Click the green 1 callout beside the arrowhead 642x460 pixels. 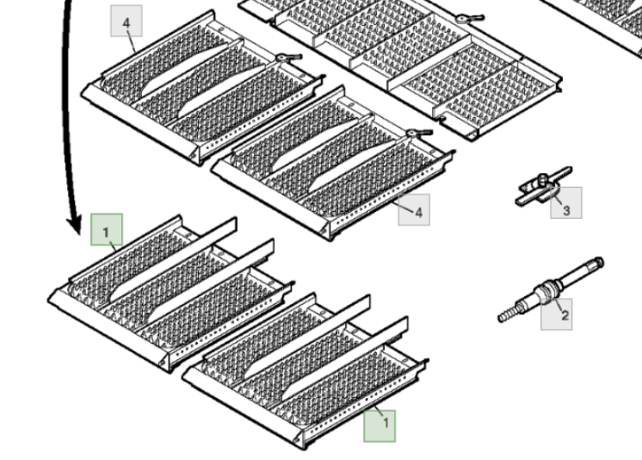tap(107, 230)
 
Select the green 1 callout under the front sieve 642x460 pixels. tap(380, 426)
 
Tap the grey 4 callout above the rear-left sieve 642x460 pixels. tap(127, 21)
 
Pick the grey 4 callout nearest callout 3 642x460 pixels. tap(414, 209)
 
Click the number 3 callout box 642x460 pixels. tap(566, 202)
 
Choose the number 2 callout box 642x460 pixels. tap(557, 314)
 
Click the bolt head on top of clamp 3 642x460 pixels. tap(542, 178)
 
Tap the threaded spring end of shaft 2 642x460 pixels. tap(508, 314)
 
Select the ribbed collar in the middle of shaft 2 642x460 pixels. tap(546, 289)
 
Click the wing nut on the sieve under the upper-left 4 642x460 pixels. tap(288, 58)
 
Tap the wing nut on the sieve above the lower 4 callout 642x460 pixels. tap(419, 133)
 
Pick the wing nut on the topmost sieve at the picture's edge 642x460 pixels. tap(469, 18)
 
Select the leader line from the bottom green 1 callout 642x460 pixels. tap(380, 411)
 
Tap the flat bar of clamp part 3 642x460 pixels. tap(544, 187)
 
